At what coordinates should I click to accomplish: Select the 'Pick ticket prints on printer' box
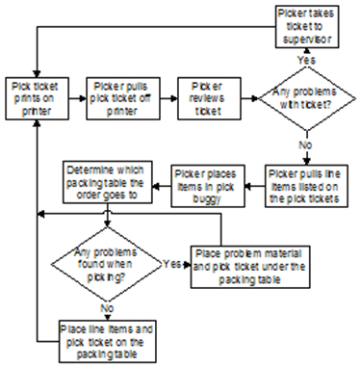(x=37, y=96)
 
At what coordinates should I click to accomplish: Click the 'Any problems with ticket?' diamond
(x=303, y=98)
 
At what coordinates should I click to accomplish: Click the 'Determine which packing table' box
(x=106, y=181)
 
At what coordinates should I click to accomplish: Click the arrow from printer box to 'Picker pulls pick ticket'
(x=74, y=96)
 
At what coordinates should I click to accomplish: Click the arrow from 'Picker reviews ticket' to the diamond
(x=247, y=96)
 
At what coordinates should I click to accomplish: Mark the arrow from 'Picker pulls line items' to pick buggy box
(x=256, y=180)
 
